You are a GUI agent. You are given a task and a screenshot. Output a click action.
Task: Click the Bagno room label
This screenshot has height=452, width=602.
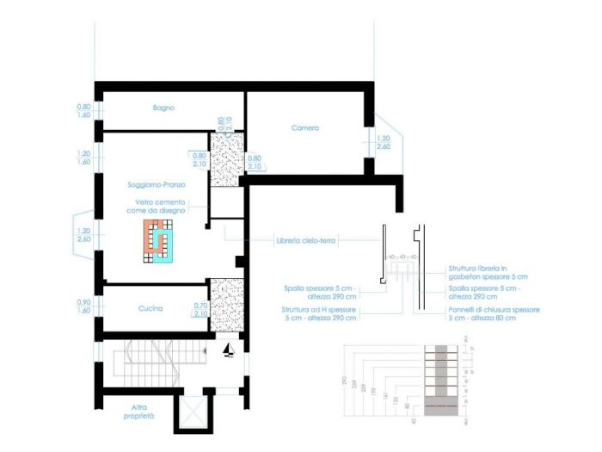pyautogui.click(x=163, y=108)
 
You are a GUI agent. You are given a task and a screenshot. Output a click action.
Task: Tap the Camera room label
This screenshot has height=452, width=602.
pyautogui.click(x=304, y=127)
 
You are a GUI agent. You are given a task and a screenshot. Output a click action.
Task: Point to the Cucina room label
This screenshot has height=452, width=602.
pyautogui.click(x=151, y=307)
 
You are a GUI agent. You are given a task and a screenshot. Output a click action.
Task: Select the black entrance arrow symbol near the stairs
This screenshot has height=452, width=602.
pyautogui.click(x=228, y=350)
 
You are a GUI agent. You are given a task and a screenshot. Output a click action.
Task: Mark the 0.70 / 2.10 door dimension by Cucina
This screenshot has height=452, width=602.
pyautogui.click(x=200, y=309)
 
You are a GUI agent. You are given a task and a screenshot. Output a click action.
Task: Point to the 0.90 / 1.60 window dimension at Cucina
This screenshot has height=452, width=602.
pyautogui.click(x=83, y=306)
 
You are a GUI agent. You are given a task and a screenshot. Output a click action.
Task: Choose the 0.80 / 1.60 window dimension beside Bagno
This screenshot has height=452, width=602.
pyautogui.click(x=83, y=110)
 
